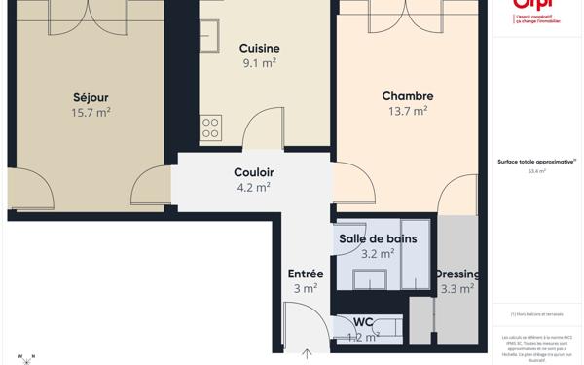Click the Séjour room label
pos(91,97)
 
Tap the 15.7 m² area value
pos(91,113)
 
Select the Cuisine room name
pos(259,49)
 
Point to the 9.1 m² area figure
pos(259,63)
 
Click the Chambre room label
pos(408,96)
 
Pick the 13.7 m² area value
pos(408,111)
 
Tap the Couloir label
pos(254,172)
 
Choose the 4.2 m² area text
pos(254,187)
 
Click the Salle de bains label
pos(378,238)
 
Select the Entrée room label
pos(306,274)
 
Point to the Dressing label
pos(457,274)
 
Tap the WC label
pos(363,322)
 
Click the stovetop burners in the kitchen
pos(210,128)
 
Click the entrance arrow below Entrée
pos(307,354)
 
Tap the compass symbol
pos(26,358)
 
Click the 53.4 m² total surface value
pos(537,171)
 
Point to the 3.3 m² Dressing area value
pos(457,289)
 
